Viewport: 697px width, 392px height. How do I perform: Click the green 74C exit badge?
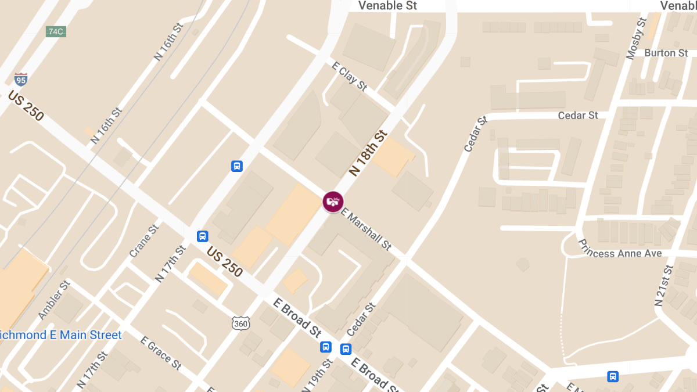click(x=56, y=32)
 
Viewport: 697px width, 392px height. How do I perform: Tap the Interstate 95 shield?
click(x=20, y=79)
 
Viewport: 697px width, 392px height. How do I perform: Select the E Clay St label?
click(x=349, y=76)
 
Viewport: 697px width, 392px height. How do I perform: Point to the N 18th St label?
click(x=368, y=153)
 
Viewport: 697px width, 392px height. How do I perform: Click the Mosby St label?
click(x=636, y=38)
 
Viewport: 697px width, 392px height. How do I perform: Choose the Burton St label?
click(x=666, y=53)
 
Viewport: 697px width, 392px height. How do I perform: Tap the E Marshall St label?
click(x=366, y=229)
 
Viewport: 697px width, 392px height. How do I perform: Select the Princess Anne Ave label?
click(x=620, y=253)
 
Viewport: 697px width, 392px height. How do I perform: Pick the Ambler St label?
click(x=54, y=299)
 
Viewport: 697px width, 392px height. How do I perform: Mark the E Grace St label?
click(x=161, y=353)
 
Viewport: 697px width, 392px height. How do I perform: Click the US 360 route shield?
click(x=240, y=323)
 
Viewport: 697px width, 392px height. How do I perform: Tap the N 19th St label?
click(x=320, y=374)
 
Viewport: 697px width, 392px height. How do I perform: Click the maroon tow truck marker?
click(x=333, y=202)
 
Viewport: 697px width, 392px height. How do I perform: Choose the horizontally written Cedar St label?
click(x=578, y=115)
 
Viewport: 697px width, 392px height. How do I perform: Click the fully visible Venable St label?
click(x=387, y=6)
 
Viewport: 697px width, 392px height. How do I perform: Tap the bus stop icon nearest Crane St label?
click(x=202, y=236)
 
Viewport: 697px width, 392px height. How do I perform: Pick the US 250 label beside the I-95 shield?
click(x=26, y=106)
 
